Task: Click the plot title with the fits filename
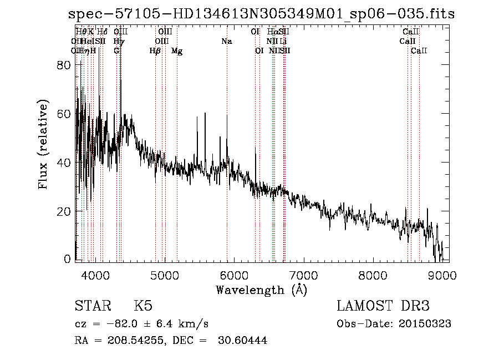(261, 14)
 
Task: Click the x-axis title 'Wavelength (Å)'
(261, 289)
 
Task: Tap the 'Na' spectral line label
(226, 41)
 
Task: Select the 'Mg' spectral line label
(177, 51)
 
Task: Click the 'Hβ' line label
(155, 51)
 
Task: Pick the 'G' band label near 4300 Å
(116, 51)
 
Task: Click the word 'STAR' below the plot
(92, 306)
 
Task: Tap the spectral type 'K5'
(143, 306)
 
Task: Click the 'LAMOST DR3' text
(383, 306)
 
